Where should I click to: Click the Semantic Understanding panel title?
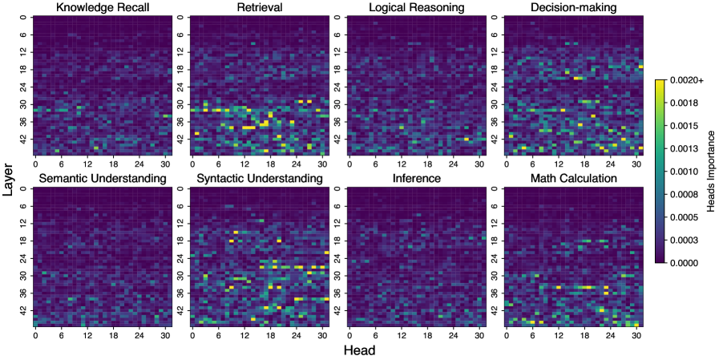click(102, 178)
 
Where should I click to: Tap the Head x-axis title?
click(359, 350)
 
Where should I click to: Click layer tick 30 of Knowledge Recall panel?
click(24, 105)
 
